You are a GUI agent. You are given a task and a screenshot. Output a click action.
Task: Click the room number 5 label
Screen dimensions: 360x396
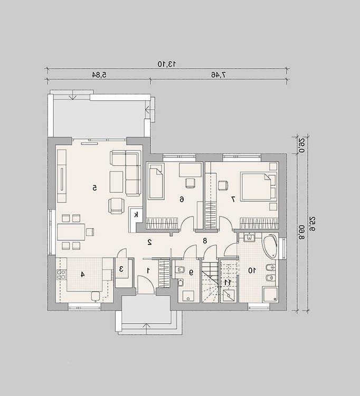94,188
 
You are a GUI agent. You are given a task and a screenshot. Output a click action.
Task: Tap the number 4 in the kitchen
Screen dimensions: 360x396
82,274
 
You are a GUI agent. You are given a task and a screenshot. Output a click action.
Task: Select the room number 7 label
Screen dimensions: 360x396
233,199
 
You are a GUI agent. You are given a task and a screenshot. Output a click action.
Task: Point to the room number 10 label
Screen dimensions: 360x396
252,270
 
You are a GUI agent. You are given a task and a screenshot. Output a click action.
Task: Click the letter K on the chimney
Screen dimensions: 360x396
136,215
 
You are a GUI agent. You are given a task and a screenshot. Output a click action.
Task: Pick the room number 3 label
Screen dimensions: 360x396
121,269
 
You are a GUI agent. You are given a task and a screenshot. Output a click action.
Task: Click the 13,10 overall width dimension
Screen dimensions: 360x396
167,64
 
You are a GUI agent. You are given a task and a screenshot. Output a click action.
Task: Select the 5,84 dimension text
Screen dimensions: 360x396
99,75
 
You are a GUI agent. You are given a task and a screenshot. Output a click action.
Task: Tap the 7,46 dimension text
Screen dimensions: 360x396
219,75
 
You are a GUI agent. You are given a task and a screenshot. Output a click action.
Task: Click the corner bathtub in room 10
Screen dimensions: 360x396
270,247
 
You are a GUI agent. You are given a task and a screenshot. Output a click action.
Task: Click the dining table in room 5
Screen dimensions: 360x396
71,232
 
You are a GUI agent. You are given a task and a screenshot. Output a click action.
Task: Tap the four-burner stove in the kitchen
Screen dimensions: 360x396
61,275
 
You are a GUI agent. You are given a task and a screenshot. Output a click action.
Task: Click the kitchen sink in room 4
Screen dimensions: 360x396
96,297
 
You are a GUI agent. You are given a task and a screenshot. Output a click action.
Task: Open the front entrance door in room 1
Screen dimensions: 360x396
146,285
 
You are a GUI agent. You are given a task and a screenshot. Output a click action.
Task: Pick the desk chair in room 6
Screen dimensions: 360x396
190,183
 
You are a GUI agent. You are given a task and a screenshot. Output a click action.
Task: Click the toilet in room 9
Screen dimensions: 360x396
180,270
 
